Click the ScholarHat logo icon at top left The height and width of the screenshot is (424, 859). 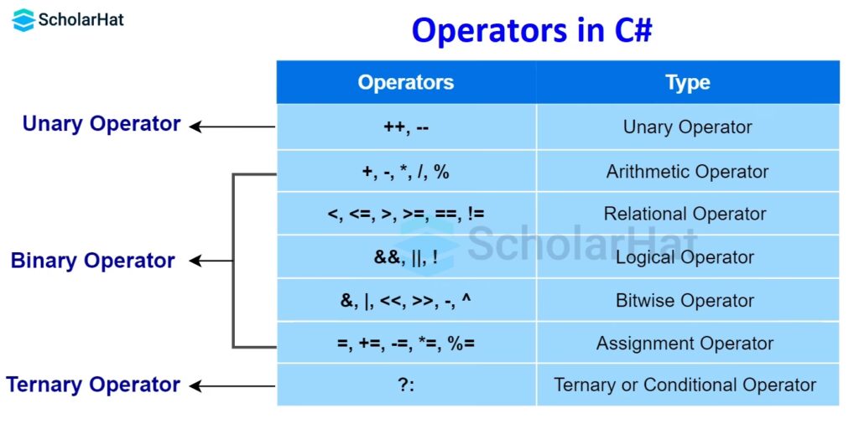pos(23,20)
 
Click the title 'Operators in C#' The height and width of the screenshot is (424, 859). pos(532,31)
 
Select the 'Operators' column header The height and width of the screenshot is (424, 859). pos(406,83)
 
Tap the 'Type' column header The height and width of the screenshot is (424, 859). pos(688,83)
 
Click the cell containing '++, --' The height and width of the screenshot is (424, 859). pos(406,127)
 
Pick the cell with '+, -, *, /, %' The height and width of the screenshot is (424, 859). pos(406,171)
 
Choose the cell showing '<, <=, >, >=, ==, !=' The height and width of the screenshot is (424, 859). pos(406,214)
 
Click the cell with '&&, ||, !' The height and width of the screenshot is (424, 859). pos(406,256)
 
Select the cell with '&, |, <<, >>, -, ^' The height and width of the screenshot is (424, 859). pos(406,300)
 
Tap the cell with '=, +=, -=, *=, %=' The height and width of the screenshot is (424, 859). pos(406,344)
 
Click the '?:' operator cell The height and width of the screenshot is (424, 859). pos(406,385)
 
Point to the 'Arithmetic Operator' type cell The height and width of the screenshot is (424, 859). pos(688,171)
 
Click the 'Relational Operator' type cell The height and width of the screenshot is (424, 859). pos(688,214)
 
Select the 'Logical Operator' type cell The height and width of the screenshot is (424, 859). pos(688,256)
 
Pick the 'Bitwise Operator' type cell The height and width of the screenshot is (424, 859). pos(688,300)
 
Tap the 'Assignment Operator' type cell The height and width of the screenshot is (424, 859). pos(688,344)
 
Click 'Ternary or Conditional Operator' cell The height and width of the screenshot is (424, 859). pos(688,385)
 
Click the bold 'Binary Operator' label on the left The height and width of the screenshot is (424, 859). pos(92,261)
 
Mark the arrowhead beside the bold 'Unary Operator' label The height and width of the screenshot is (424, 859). pos(195,127)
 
